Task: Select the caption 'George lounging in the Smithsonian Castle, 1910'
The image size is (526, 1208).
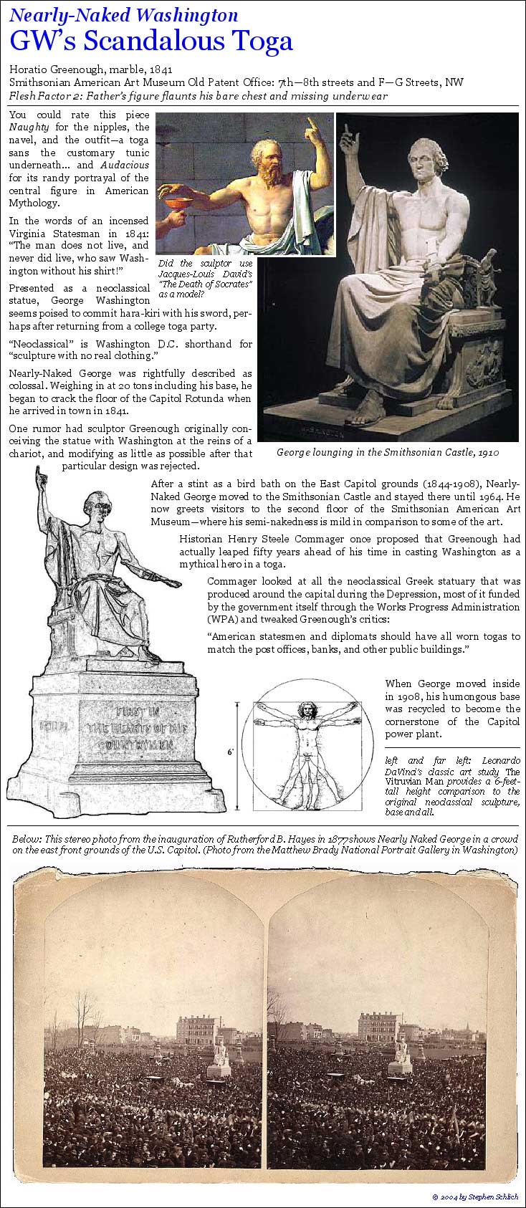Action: [x=388, y=452]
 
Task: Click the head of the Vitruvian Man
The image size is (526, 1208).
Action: [x=307, y=711]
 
